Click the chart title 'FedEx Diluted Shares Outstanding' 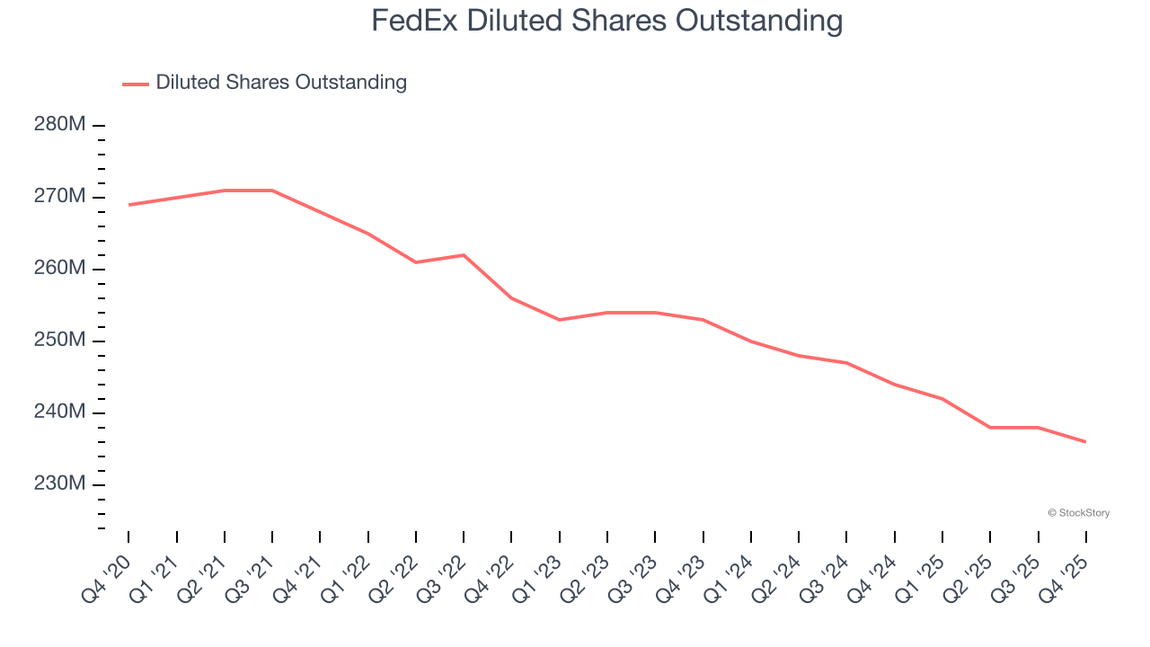(606, 20)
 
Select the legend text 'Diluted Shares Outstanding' (281, 83)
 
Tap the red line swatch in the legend (136, 84)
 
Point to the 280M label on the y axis (60, 125)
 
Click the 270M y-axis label (60, 197)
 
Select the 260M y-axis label (60, 269)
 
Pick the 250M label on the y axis (60, 341)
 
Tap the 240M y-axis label (60, 412)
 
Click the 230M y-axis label (60, 484)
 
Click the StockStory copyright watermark (1078, 513)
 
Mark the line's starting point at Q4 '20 (128, 205)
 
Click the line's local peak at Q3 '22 (464, 255)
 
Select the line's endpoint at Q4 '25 (1086, 442)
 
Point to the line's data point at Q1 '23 (560, 320)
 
